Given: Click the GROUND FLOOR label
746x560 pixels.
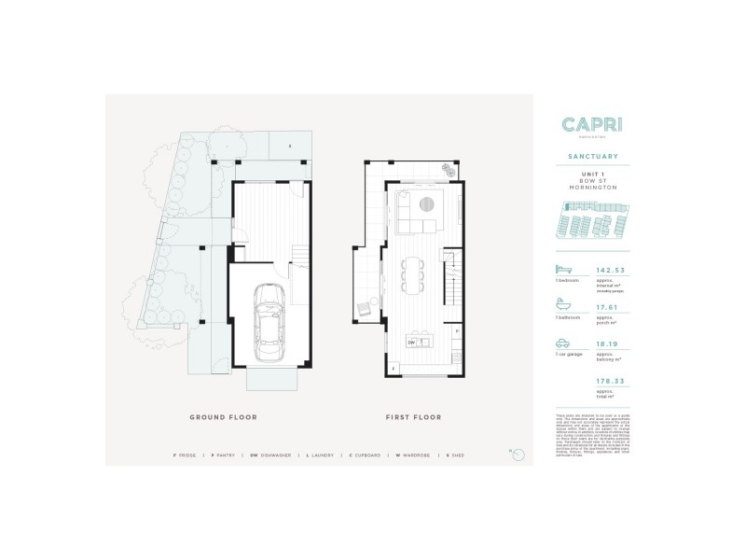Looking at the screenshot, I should click(223, 417).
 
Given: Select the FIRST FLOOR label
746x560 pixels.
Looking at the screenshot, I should click(414, 417).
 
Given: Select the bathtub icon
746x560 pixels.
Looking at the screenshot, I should click(561, 304).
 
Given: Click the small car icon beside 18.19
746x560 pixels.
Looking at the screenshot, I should click(561, 343).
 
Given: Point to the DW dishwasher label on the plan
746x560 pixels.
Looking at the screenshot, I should click(411, 343).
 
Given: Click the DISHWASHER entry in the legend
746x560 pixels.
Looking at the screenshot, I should click(277, 455).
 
